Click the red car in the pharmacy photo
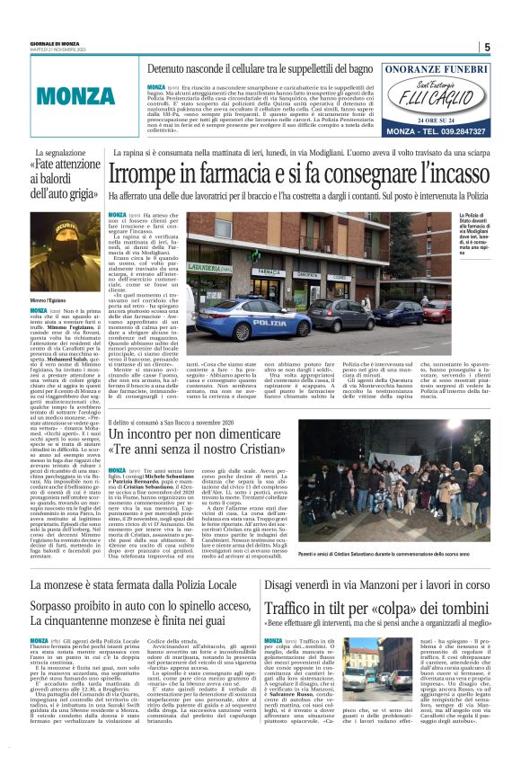point(437,307)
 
